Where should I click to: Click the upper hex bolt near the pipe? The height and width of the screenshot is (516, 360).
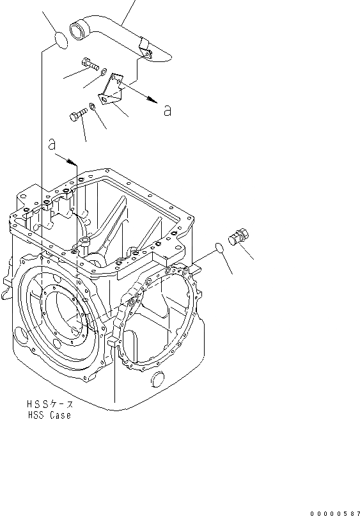click(x=94, y=64)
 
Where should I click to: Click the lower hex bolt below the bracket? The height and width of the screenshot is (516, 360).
click(x=78, y=115)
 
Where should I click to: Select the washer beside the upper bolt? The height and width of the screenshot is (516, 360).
click(x=104, y=72)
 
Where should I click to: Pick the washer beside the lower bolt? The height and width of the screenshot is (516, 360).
click(x=93, y=106)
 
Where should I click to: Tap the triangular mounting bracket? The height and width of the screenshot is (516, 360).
click(x=111, y=90)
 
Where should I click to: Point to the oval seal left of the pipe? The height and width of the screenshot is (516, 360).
click(x=61, y=40)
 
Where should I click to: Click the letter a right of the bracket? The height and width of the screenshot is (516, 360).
click(x=168, y=111)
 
